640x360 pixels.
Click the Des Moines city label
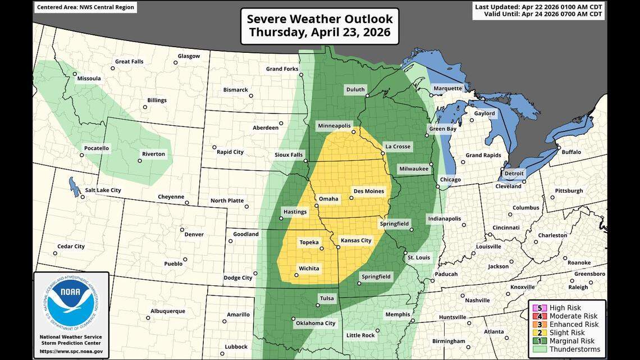tap(368, 192)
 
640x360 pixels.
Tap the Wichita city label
tap(309, 268)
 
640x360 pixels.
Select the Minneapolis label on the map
tap(334, 126)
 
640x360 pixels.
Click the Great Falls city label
tap(130, 62)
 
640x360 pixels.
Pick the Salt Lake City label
tap(103, 190)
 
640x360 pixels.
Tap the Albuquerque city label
tap(168, 311)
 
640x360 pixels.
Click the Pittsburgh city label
tap(569, 191)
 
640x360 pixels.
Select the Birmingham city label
tap(449, 341)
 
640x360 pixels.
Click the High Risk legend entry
tap(565, 308)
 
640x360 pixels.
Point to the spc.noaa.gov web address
tap(71, 352)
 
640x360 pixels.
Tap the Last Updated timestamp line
tap(538, 7)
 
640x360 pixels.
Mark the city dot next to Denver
tap(182, 229)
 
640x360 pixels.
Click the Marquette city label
tap(448, 88)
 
